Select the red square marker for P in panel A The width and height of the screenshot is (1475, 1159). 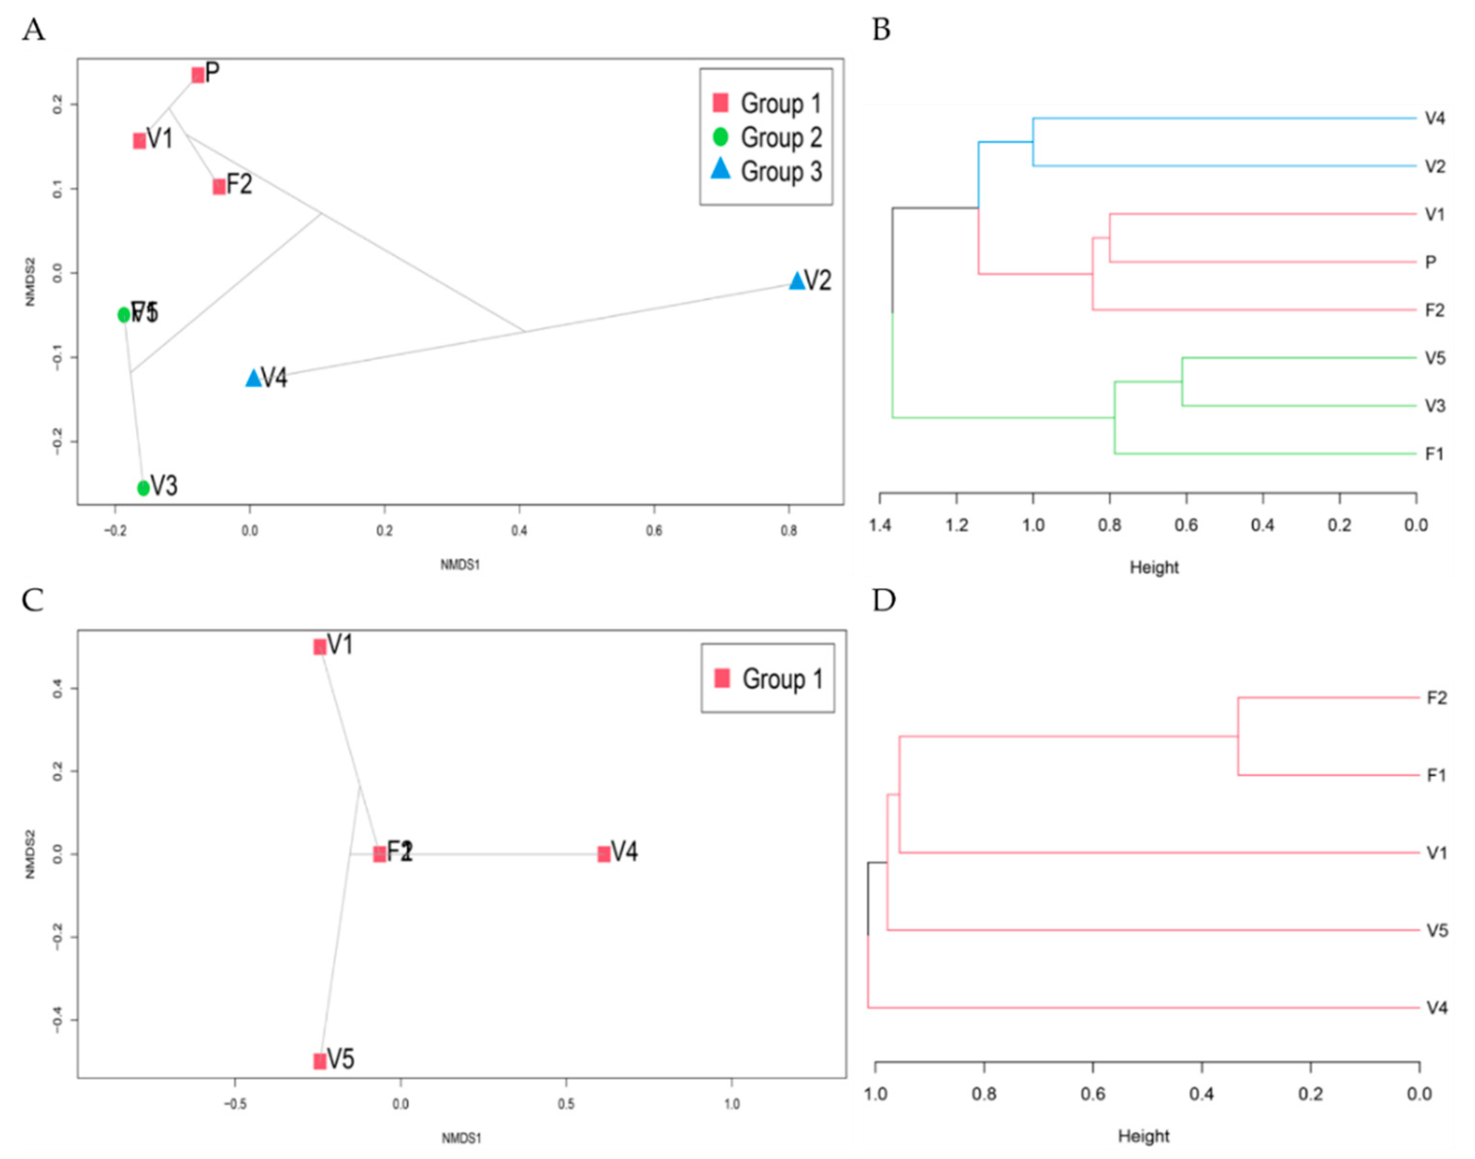click(198, 75)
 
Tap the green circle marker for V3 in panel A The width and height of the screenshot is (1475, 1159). click(143, 487)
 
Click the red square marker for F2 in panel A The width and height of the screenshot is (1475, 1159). click(219, 186)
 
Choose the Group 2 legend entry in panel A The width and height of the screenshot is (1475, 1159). click(767, 138)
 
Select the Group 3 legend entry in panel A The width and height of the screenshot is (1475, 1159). click(767, 171)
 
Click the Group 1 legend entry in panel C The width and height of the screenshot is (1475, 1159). click(769, 679)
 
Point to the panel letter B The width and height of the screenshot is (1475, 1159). click(880, 30)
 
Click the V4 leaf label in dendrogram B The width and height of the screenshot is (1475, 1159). click(1435, 119)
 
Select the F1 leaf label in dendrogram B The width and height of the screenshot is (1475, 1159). click(1434, 454)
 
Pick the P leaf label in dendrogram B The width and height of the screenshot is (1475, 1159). click(1431, 262)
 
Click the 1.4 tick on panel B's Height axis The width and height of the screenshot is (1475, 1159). click(880, 525)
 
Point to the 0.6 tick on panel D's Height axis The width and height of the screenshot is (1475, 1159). click(1093, 1094)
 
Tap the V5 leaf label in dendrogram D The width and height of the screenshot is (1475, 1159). click(1437, 930)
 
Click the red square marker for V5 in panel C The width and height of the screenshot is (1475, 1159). click(319, 1061)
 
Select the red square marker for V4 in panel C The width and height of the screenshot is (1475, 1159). click(603, 854)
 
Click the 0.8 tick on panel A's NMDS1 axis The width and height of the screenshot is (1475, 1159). click(789, 531)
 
